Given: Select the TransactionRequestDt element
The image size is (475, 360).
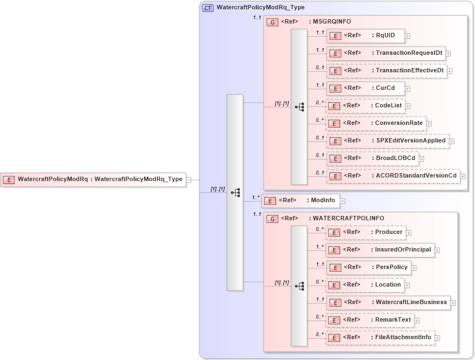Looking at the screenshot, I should click(x=386, y=53).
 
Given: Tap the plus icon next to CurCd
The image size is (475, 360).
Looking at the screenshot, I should click(x=408, y=89).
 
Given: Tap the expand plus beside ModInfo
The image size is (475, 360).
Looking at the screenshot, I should click(x=342, y=201).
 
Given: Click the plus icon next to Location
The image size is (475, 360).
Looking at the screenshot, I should click(x=407, y=285).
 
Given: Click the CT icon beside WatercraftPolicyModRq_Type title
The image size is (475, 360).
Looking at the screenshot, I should click(x=208, y=8).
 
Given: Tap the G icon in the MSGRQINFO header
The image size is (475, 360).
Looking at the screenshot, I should click(x=272, y=22).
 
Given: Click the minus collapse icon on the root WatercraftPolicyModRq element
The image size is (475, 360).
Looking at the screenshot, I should click(x=188, y=179).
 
